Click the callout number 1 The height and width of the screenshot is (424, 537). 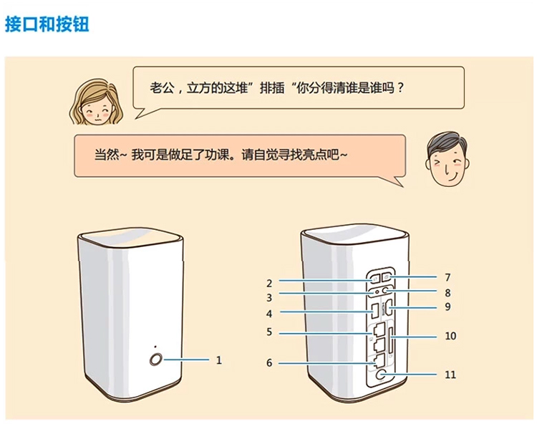(219, 360)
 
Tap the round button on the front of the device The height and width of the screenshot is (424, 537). (156, 360)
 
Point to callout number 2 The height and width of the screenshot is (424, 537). (269, 284)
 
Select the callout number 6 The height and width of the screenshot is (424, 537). (269, 363)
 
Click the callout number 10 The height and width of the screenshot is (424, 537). (450, 336)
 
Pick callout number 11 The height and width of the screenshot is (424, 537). (450, 375)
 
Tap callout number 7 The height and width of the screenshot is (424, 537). (447, 277)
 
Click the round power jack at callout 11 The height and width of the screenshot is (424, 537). (380, 375)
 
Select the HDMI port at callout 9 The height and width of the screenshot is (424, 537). (389, 308)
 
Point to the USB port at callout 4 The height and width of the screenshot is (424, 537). (375, 310)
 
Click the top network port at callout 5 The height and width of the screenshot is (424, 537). (378, 330)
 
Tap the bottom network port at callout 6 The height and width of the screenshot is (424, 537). (378, 361)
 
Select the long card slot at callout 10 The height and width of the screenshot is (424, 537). (390, 340)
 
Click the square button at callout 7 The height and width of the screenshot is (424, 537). (387, 276)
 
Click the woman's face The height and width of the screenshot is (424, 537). (97, 102)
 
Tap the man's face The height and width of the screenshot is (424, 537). (447, 159)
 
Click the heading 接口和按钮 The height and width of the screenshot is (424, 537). (47, 24)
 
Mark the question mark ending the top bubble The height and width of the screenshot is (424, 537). (400, 88)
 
